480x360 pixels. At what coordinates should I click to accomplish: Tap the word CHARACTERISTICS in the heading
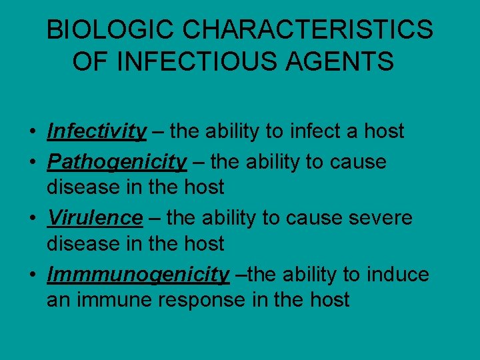click(307, 31)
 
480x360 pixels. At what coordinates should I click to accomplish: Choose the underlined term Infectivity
click(97, 131)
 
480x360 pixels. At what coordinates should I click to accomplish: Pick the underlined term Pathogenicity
click(117, 162)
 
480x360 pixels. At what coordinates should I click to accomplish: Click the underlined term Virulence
click(95, 218)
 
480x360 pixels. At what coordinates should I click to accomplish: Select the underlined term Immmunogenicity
click(138, 275)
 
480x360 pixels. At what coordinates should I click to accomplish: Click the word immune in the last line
click(111, 300)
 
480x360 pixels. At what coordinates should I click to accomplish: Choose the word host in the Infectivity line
click(383, 131)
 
